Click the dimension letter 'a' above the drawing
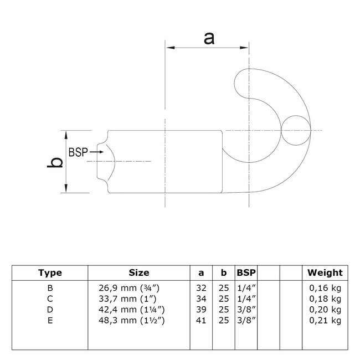[x=209, y=39]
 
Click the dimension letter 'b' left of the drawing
[x=55, y=162]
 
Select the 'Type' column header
[x=50, y=272]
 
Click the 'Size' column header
[x=138, y=272]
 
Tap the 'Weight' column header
[x=325, y=272]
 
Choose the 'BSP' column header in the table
[x=246, y=272]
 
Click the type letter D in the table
[x=50, y=310]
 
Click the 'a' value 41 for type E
[x=201, y=321]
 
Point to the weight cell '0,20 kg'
[x=325, y=310]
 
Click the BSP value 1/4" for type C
[x=246, y=300]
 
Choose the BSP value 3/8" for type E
[x=246, y=321]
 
